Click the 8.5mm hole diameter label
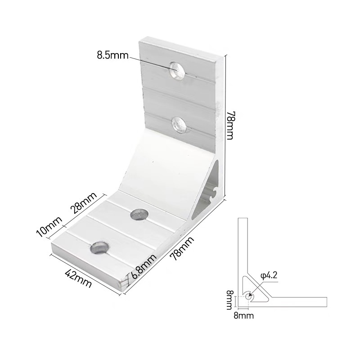tap(112, 55)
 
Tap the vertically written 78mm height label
tap(229, 126)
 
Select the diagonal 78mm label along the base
tap(183, 248)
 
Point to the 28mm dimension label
tap(83, 203)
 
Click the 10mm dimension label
tap(49, 226)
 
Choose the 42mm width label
tap(79, 279)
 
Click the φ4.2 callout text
tap(269, 275)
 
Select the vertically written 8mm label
tap(229, 300)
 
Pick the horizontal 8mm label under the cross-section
tap(243, 316)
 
